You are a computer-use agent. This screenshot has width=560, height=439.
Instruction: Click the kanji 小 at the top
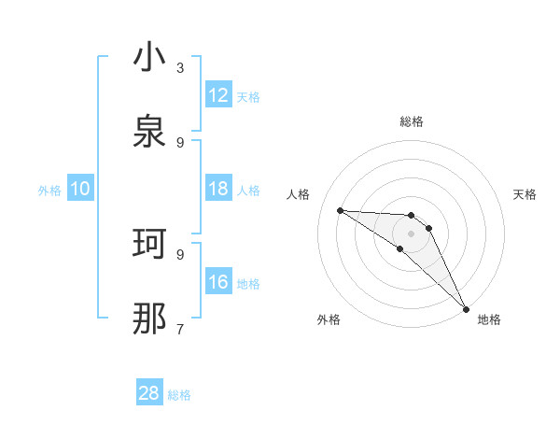coord(149,58)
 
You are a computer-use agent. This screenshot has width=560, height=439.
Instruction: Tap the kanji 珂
coord(149,245)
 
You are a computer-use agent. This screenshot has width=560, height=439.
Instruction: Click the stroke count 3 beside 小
coord(180,67)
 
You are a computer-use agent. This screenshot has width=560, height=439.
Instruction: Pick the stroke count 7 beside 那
coord(180,329)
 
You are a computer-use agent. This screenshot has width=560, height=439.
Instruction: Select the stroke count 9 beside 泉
coord(180,142)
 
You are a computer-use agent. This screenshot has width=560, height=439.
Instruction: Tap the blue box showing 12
coord(218,94)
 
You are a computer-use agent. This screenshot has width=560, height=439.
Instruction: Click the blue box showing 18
coord(218,189)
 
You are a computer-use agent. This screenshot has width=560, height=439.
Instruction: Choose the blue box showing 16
coord(218,282)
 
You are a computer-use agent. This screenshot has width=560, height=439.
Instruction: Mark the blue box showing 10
coord(80,189)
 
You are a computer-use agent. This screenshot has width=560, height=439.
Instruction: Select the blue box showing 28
coord(149,393)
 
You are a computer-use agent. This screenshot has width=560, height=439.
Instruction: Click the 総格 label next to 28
coord(179,395)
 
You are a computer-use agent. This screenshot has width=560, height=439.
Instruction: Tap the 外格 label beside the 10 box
coord(49,191)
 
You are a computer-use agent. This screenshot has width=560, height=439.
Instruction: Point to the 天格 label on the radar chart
coord(525,194)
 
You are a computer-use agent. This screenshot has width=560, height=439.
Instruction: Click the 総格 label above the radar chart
coord(412,121)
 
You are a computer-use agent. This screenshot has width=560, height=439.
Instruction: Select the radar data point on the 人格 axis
coord(340,210)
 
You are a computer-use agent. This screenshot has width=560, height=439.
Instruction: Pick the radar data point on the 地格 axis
coord(465,308)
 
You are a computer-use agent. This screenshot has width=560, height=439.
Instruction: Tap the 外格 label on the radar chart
coord(329,319)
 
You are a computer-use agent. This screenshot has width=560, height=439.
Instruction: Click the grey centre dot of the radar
coord(412,234)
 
